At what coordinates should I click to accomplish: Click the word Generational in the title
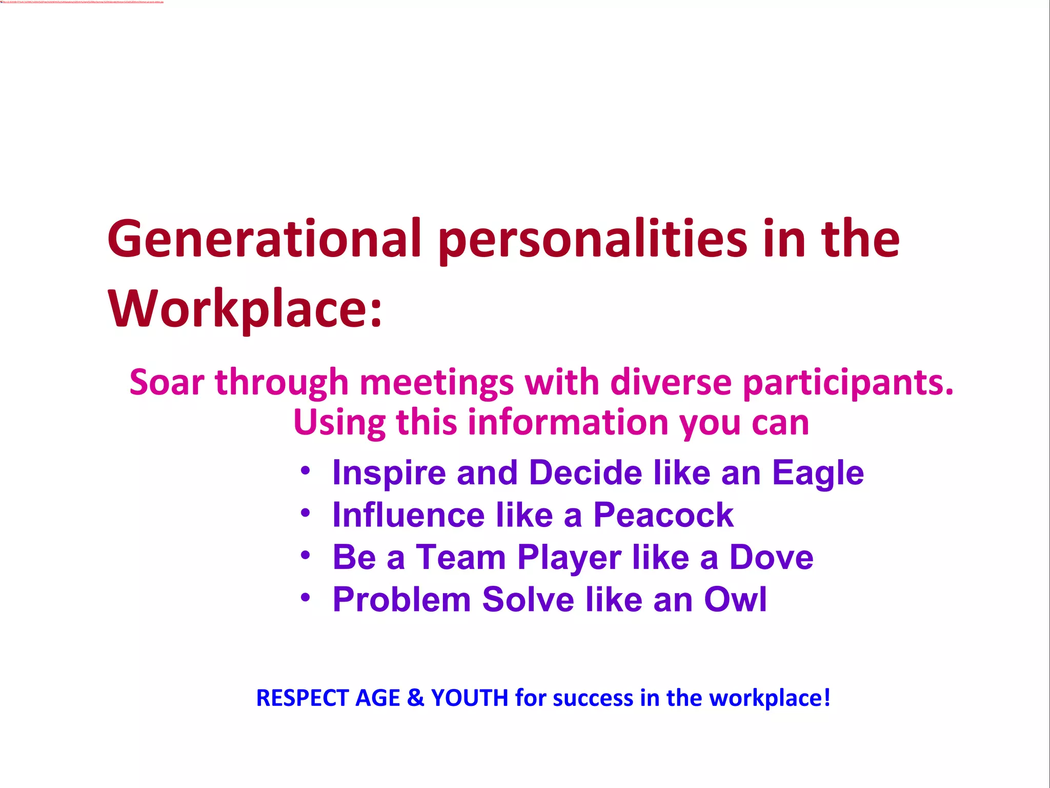pyautogui.click(x=264, y=239)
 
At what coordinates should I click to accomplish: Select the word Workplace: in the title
pyautogui.click(x=245, y=309)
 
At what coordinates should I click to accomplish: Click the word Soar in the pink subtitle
pyautogui.click(x=167, y=383)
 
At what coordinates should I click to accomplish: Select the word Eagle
pyautogui.click(x=818, y=473)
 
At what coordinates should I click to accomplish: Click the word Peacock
pyautogui.click(x=663, y=515)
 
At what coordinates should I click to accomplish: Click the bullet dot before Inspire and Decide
pyautogui.click(x=306, y=470)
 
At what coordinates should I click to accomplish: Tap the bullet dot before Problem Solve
pyautogui.click(x=306, y=597)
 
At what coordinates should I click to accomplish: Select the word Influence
pyautogui.click(x=408, y=515)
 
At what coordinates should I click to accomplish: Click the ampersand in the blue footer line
pyautogui.click(x=416, y=698)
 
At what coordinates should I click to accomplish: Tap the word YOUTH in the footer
pyautogui.click(x=470, y=698)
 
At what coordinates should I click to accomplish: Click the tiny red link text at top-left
pyautogui.click(x=82, y=2)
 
